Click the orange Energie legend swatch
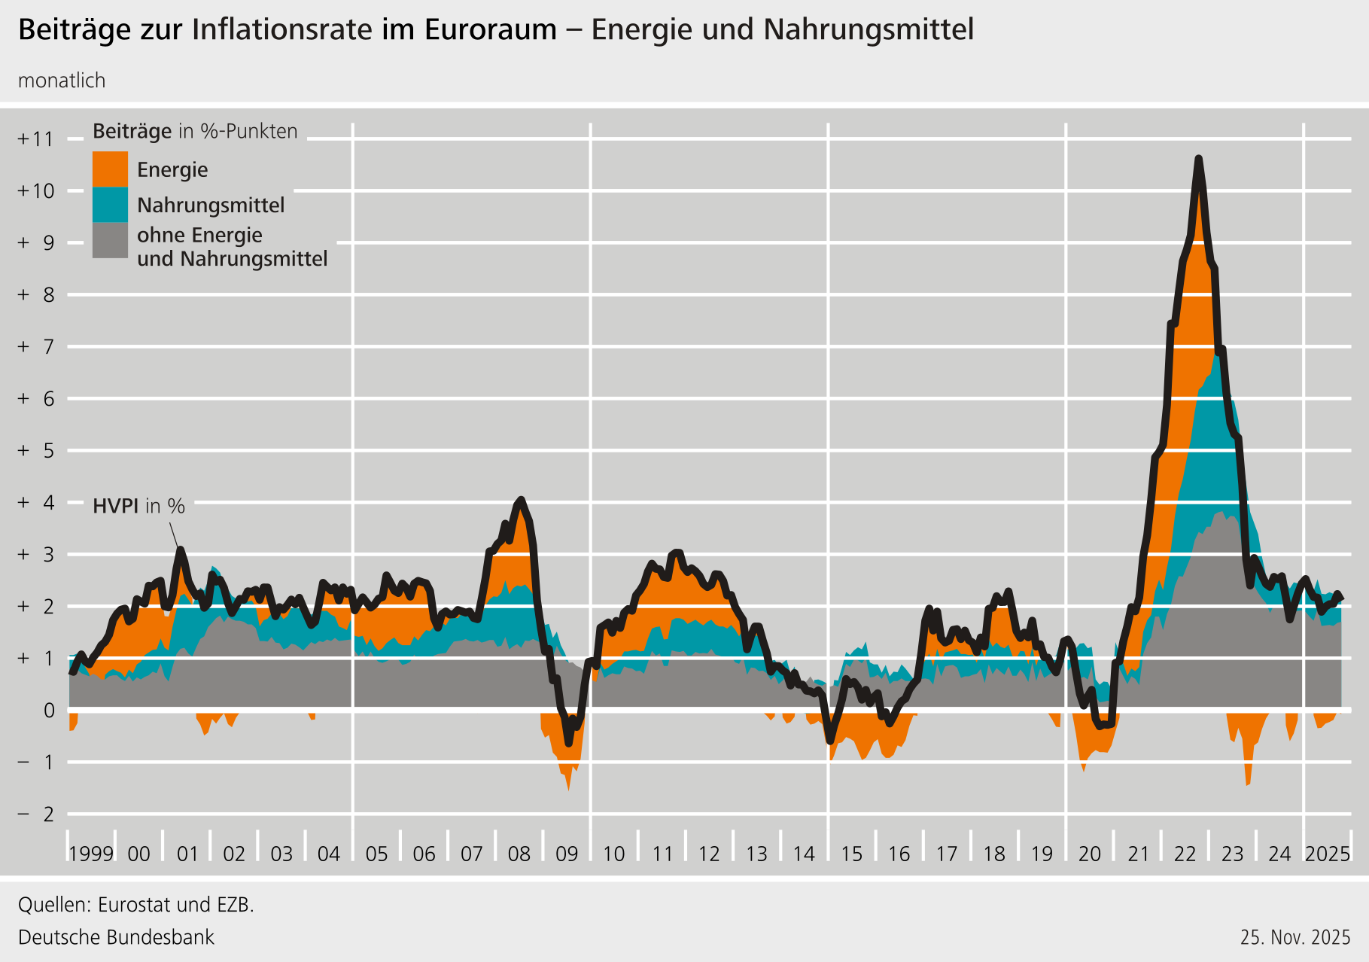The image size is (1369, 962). pos(110,169)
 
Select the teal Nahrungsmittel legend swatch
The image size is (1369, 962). pos(110,205)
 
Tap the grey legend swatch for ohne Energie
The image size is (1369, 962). pos(110,240)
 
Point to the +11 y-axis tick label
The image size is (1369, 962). pos(36,139)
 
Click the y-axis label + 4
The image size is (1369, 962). pos(36,502)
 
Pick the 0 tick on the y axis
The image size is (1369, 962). pos(49,710)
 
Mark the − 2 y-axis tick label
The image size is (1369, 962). pos(36,814)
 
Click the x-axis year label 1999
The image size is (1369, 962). pos(91,854)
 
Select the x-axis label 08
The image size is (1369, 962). pos(519,854)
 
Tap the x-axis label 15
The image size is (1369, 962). pos(851,854)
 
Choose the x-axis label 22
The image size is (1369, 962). pos(1185,854)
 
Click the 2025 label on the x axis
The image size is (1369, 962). pos(1328,854)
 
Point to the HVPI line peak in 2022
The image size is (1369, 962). pos(1198,159)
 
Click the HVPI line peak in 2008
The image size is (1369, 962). pos(520,500)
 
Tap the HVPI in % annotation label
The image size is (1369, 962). pos(138,506)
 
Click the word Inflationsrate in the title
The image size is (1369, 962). pos(282,29)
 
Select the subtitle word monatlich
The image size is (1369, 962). pos(62,81)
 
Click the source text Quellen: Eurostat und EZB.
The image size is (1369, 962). pos(136,904)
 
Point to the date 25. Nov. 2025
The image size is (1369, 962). pos(1295,937)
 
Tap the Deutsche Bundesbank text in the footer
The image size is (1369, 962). pos(116,937)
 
